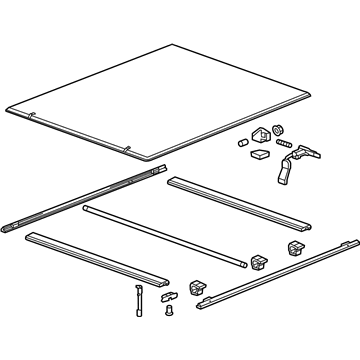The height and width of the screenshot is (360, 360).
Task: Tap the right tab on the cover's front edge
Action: [127, 151]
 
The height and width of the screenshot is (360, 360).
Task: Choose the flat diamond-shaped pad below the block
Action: [259, 155]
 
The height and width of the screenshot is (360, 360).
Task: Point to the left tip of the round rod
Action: [85, 209]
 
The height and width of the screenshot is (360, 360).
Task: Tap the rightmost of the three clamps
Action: [297, 248]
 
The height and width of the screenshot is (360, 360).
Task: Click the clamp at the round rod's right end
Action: [259, 262]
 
